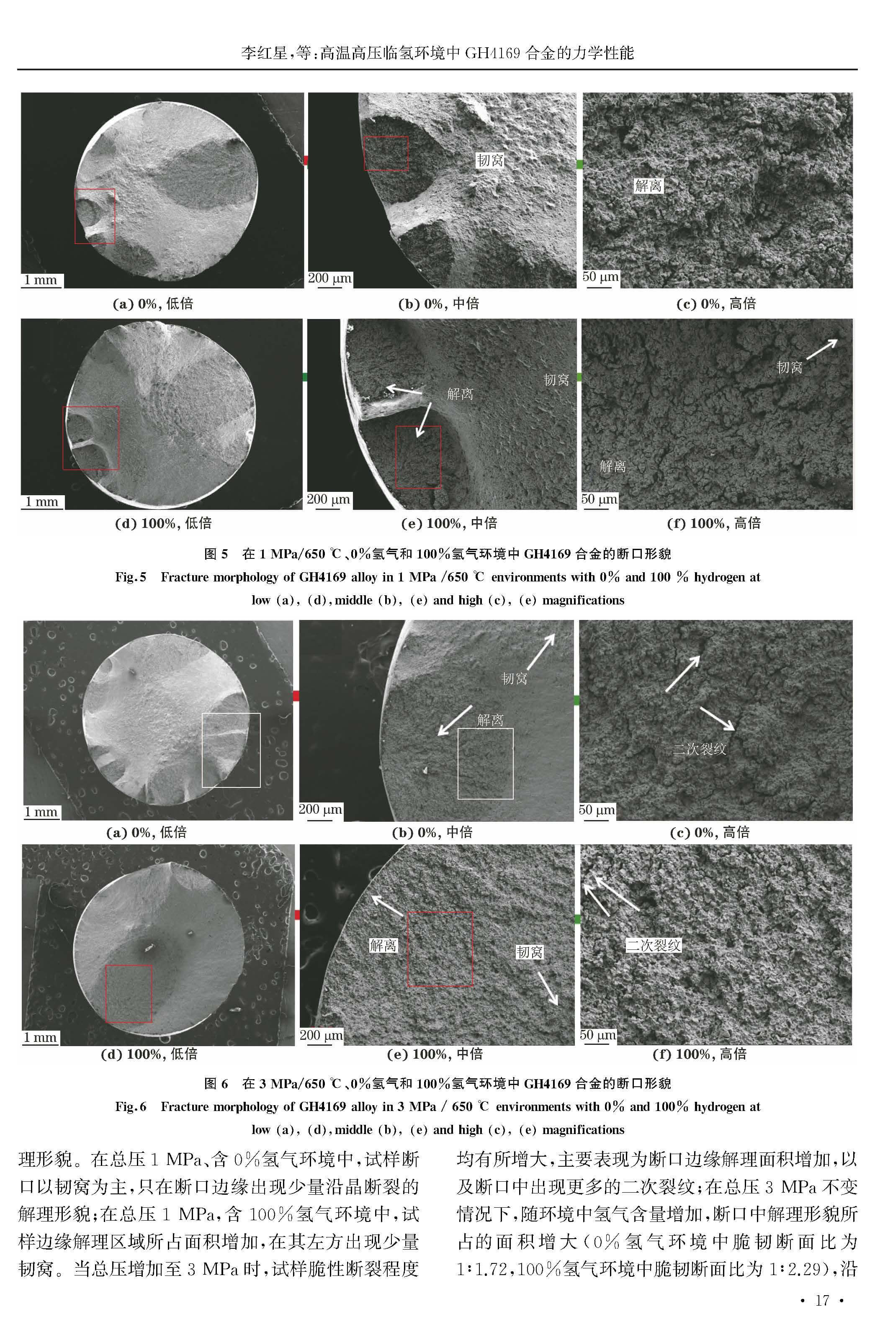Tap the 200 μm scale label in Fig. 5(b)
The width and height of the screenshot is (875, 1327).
pyautogui.click(x=330, y=278)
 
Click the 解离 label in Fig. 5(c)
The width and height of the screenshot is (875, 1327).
pyautogui.click(x=648, y=185)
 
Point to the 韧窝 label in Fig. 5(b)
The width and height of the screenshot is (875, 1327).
pyautogui.click(x=490, y=160)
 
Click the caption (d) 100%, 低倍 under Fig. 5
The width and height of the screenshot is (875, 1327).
pyautogui.click(x=164, y=523)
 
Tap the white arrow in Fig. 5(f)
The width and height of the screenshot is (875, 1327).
pyautogui.click(x=821, y=349)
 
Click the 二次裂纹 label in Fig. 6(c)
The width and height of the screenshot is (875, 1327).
pyautogui.click(x=700, y=748)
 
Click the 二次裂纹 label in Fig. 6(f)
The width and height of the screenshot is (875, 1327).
pyautogui.click(x=654, y=945)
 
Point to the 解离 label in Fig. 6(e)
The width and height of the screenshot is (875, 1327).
pyautogui.click(x=383, y=945)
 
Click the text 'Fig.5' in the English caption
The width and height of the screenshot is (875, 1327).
pyautogui.click(x=131, y=577)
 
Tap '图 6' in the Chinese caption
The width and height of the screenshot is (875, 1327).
pyautogui.click(x=216, y=1083)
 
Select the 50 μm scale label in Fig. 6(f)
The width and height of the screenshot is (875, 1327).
pyautogui.click(x=598, y=1035)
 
